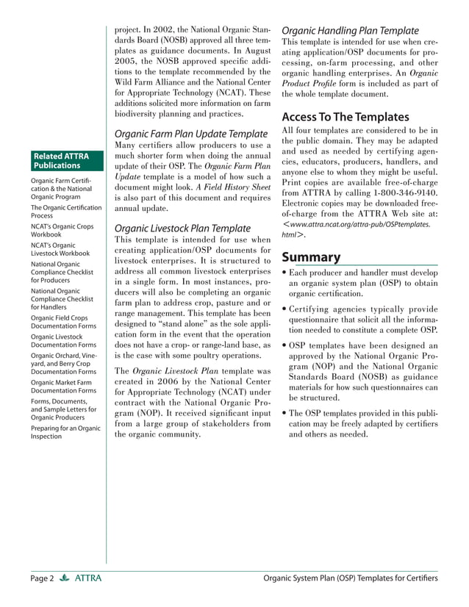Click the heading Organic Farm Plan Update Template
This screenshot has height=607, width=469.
coord(190,134)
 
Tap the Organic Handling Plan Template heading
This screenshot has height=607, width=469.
coord(350,31)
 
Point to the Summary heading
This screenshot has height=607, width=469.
coord(311,257)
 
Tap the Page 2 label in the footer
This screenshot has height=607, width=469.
coord(42,579)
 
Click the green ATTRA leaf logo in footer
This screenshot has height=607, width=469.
coord(64,579)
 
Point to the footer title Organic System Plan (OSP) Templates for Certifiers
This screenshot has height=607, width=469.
coord(350,579)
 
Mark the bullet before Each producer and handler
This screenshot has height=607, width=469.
coord(284,273)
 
